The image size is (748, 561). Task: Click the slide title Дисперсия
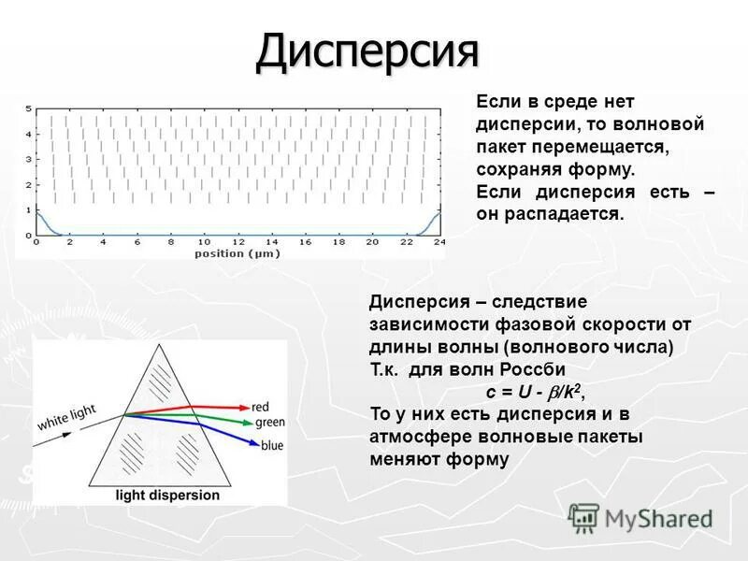tap(367, 53)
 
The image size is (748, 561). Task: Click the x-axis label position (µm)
tap(237, 253)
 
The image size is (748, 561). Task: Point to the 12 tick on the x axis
tap(237, 242)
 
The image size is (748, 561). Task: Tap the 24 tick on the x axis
tap(439, 242)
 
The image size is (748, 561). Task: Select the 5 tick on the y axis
tap(28, 108)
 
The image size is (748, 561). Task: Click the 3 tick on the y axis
tap(28, 159)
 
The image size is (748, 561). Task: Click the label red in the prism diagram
tap(262, 407)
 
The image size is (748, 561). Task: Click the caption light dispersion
tap(167, 495)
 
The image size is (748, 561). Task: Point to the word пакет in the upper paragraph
tap(502, 147)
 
